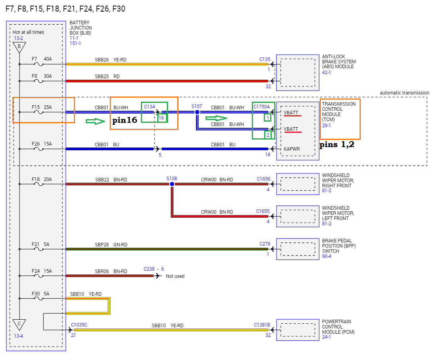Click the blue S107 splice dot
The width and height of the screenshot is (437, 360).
pyautogui.click(x=197, y=112)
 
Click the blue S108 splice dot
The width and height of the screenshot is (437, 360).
pyautogui.click(x=172, y=184)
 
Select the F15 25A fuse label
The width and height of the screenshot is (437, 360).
pyautogui.click(x=42, y=107)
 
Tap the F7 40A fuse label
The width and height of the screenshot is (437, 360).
pyautogui.click(x=42, y=59)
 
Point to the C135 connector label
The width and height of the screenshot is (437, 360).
pyautogui.click(x=265, y=59)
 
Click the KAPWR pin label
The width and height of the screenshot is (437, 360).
pyautogui.click(x=292, y=149)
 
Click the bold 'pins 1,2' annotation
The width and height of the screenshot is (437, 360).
pyautogui.click(x=337, y=145)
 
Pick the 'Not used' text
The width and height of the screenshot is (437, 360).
pyautogui.click(x=175, y=276)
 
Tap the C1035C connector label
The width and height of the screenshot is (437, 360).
pyautogui.click(x=79, y=325)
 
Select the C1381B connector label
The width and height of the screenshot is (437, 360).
pyautogui.click(x=262, y=325)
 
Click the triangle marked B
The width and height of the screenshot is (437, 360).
pyautogui.click(x=19, y=47)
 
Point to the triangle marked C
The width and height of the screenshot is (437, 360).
pyautogui.click(x=19, y=323)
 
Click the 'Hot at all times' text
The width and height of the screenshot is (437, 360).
pyautogui.click(x=28, y=32)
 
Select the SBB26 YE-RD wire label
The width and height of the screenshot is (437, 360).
pyautogui.click(x=111, y=59)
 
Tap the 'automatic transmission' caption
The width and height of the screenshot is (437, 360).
pyautogui.click(x=404, y=93)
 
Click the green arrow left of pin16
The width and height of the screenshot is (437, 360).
pyautogui.click(x=95, y=121)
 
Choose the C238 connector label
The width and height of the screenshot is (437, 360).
pyautogui.click(x=149, y=269)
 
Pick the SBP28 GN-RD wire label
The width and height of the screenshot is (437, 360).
pyautogui.click(x=111, y=244)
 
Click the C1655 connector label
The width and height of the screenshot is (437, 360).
pyautogui.click(x=263, y=211)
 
